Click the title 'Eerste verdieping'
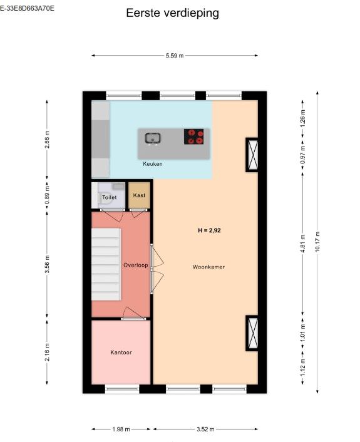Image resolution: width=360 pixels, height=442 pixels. [172, 13]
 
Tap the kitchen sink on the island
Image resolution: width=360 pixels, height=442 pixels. [153, 139]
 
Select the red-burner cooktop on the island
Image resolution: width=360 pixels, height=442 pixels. [193, 136]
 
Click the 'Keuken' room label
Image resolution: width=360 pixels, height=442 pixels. [153, 164]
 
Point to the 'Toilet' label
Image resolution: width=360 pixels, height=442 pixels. [109, 197]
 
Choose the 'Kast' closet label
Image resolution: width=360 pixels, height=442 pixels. [139, 195]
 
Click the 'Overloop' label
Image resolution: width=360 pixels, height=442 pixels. [136, 265]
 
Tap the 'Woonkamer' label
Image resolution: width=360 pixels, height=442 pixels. [208, 267]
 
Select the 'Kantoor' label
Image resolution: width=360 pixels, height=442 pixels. [121, 352]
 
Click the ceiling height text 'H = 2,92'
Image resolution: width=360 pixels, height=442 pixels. [209, 230]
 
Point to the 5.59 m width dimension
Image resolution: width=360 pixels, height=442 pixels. [175, 56]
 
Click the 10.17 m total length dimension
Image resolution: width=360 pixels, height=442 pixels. [317, 242]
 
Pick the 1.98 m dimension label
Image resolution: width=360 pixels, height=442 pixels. [121, 429]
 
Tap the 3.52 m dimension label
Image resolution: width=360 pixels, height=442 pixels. [205, 429]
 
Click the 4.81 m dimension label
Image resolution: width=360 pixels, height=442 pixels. [303, 244]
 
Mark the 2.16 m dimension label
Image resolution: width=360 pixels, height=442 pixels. [47, 352]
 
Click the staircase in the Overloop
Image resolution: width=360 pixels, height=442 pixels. [106, 264]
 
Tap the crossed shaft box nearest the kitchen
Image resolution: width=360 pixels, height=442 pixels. [252, 155]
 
